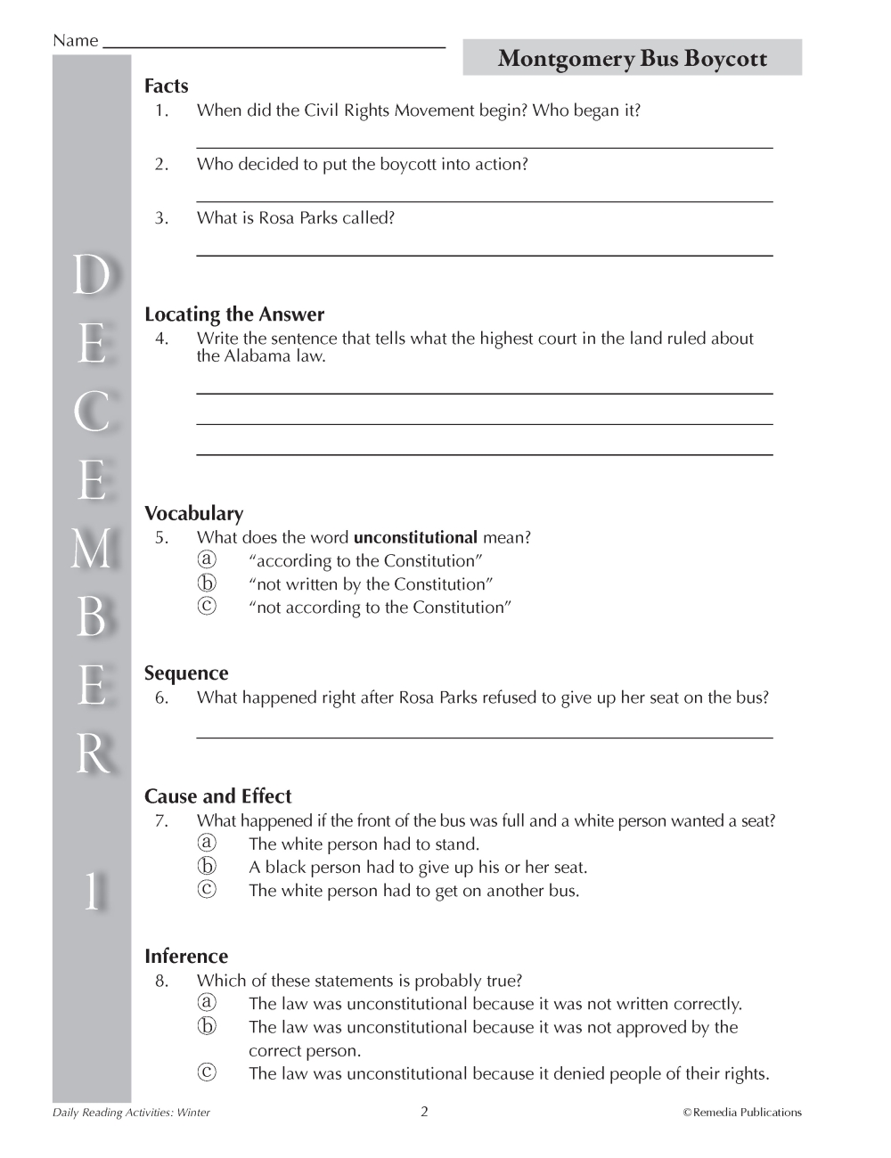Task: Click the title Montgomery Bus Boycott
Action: pyautogui.click(x=632, y=59)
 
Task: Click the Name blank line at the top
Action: pyautogui.click(x=274, y=44)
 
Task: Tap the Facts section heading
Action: pyautogui.click(x=167, y=86)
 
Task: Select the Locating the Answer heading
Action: pyautogui.click(x=234, y=314)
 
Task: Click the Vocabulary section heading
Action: pyautogui.click(x=193, y=514)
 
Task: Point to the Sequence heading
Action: pyautogui.click(x=186, y=673)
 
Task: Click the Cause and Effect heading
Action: pyautogui.click(x=217, y=796)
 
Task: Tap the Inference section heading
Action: pyautogui.click(x=186, y=957)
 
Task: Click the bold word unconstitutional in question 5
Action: pyautogui.click(x=415, y=538)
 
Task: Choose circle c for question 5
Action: pyautogui.click(x=207, y=607)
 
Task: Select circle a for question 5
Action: pyautogui.click(x=207, y=560)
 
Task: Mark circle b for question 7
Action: pyautogui.click(x=207, y=867)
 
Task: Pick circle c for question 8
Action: pyautogui.click(x=207, y=1073)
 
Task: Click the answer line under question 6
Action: pyautogui.click(x=484, y=737)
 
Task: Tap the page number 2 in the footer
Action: pyautogui.click(x=424, y=1112)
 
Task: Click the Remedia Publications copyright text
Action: pyautogui.click(x=742, y=1113)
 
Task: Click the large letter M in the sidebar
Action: pyautogui.click(x=92, y=549)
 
